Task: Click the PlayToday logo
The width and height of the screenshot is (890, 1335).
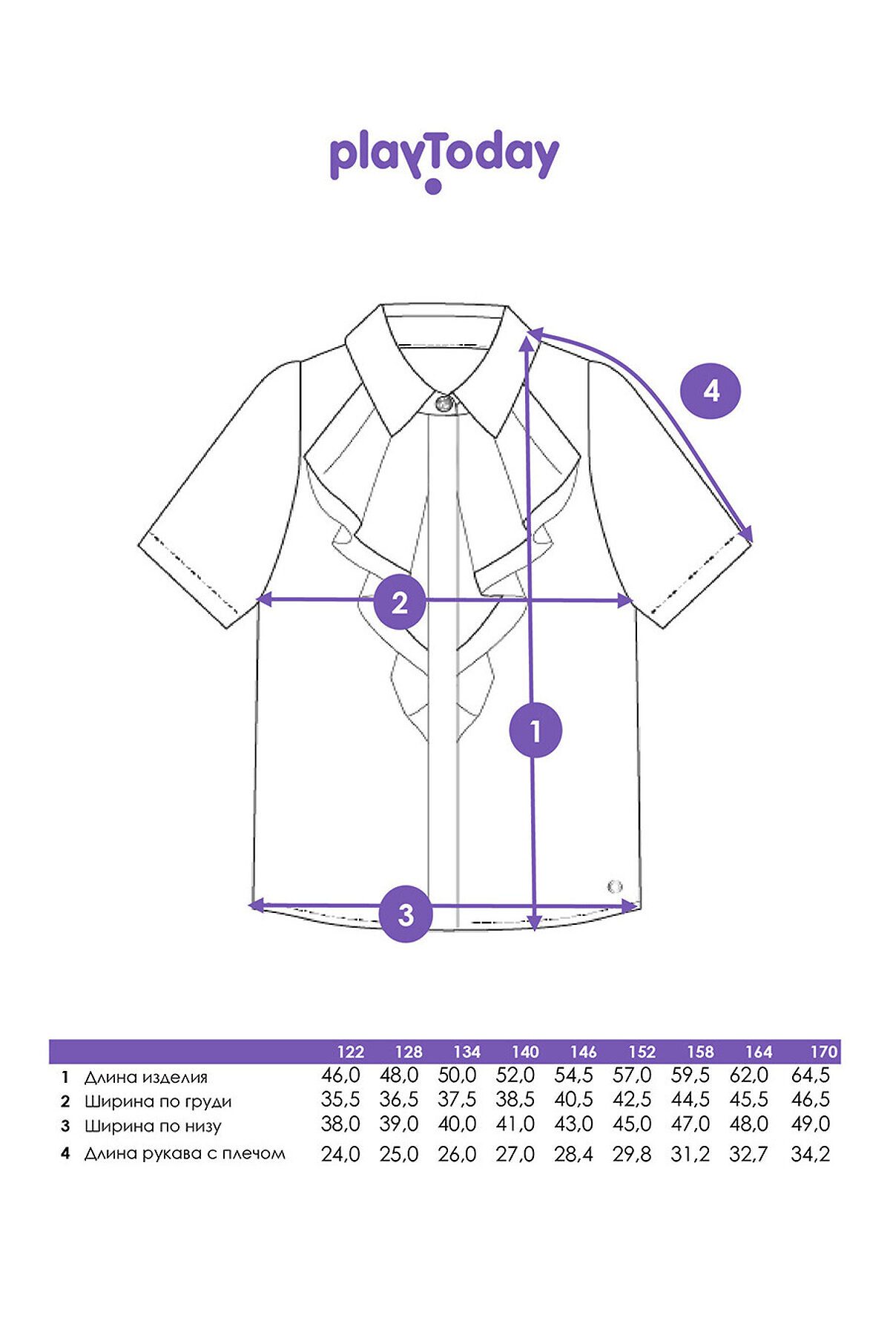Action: tap(444, 161)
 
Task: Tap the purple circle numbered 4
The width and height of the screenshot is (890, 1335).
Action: tap(711, 390)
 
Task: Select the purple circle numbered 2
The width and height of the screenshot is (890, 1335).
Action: tap(400, 601)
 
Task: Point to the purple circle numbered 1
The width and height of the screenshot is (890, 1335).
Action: tap(535, 731)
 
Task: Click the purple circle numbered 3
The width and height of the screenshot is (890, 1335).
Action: tap(406, 914)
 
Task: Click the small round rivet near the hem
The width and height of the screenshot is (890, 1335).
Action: tap(615, 886)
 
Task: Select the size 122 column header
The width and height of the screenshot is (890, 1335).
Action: tap(351, 1052)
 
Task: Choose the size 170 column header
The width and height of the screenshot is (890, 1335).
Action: tap(824, 1052)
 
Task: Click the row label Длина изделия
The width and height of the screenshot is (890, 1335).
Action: tap(145, 1078)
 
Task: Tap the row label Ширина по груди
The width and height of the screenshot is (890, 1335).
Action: tap(158, 1102)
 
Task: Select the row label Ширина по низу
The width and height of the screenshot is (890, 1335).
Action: tap(153, 1127)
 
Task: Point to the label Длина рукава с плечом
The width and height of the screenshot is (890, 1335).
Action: tap(185, 1153)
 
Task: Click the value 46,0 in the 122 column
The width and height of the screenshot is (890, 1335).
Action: tap(340, 1075)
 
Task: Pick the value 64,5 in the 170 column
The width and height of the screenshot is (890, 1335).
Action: tap(811, 1075)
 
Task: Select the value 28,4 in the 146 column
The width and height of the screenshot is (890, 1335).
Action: tap(573, 1154)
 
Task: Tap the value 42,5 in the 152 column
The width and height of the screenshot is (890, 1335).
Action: tap(632, 1100)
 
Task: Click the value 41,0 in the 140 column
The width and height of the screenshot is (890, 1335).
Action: tap(515, 1124)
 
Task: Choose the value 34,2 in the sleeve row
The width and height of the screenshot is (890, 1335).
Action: tap(811, 1154)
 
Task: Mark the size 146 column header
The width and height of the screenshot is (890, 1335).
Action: tap(584, 1052)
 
